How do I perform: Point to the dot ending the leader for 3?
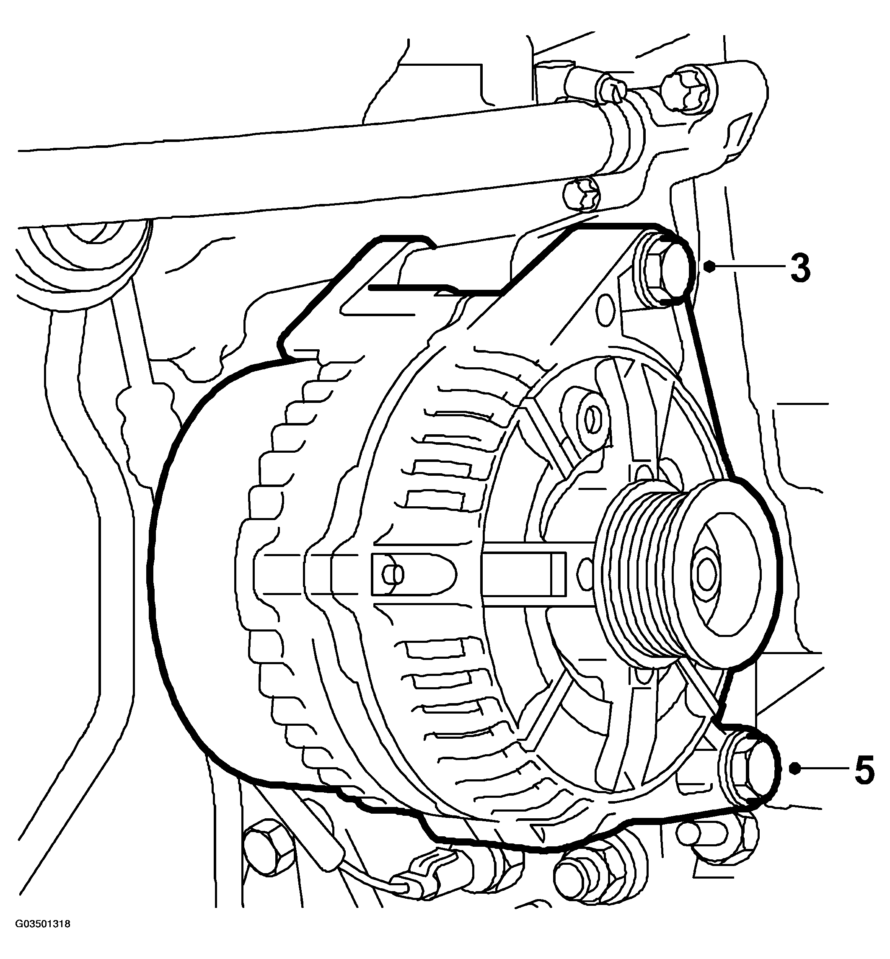[709, 266]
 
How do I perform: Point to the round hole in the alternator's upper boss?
[593, 415]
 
